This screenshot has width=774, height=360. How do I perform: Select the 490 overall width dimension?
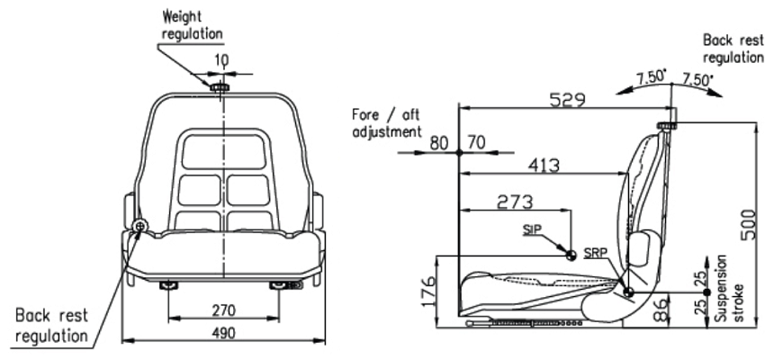(x=224, y=333)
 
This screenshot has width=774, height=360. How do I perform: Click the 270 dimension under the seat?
(x=224, y=310)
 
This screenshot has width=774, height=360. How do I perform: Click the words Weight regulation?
(x=192, y=25)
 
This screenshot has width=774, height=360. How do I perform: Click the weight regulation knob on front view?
(x=220, y=87)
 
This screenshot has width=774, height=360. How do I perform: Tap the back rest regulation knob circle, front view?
(x=139, y=225)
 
